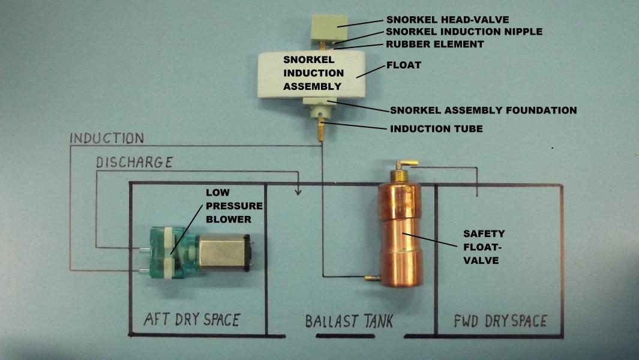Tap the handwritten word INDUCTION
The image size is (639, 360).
(x=107, y=139)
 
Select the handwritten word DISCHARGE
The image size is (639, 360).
(x=135, y=162)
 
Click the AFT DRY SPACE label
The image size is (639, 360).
(x=191, y=319)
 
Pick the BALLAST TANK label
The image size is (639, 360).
(x=349, y=322)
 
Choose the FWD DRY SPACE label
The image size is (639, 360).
(x=499, y=321)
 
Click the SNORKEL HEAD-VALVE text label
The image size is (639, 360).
(x=448, y=20)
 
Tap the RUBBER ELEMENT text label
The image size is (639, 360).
(x=435, y=44)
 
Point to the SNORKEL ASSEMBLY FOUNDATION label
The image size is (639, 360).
(x=483, y=110)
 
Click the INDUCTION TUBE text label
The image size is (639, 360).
(x=436, y=128)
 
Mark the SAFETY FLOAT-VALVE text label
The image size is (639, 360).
(x=484, y=247)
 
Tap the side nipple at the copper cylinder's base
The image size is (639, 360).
(x=370, y=278)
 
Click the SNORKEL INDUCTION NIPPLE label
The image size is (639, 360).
(x=464, y=32)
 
